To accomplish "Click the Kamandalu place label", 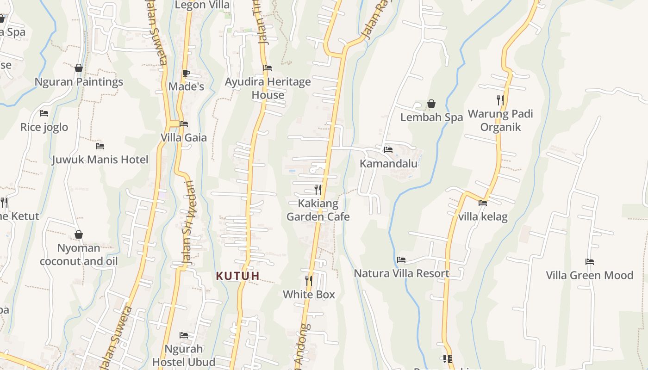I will pyautogui.click(x=388, y=163).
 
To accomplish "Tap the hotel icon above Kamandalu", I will pyautogui.click(x=388, y=149).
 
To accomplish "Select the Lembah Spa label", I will pyautogui.click(x=431, y=117).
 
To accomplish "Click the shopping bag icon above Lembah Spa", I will pyautogui.click(x=431, y=104).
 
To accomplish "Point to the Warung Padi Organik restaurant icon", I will pyautogui.click(x=500, y=100).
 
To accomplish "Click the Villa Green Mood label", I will pyautogui.click(x=589, y=275).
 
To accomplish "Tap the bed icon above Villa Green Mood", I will pyautogui.click(x=589, y=262).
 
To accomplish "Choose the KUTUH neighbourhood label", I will pyautogui.click(x=238, y=276).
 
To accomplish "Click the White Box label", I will pyautogui.click(x=309, y=294).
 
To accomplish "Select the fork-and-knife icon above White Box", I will pyautogui.click(x=309, y=280).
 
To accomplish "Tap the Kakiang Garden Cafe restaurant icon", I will pyautogui.click(x=318, y=189).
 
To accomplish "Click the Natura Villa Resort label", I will pyautogui.click(x=401, y=273).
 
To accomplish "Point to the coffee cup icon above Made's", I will pyautogui.click(x=186, y=73).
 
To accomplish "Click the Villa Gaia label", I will pyautogui.click(x=184, y=137).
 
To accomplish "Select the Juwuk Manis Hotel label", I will pyautogui.click(x=100, y=160).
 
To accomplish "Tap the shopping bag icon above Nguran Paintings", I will pyautogui.click(x=79, y=68).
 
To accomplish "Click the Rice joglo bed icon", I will pyautogui.click(x=44, y=113).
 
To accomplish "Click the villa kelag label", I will pyautogui.click(x=483, y=216).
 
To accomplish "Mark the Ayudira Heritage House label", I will pyautogui.click(x=268, y=88).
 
